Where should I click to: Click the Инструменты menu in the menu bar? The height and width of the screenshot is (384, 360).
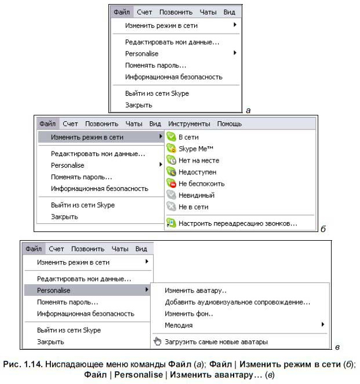[189, 124]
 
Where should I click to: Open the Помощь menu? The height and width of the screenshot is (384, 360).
[230, 124]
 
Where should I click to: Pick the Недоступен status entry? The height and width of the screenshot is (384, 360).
[197, 172]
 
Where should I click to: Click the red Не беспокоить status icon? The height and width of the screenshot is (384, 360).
[171, 183]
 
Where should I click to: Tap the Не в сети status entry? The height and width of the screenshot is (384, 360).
[193, 207]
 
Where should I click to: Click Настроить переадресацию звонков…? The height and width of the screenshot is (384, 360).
[238, 223]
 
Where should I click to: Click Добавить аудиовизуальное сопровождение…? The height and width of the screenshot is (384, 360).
[237, 302]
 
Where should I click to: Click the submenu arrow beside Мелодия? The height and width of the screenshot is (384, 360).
[322, 325]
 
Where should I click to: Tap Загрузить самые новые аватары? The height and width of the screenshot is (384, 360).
[216, 342]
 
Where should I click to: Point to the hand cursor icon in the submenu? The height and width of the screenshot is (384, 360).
[157, 341]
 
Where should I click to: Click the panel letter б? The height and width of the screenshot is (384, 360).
[323, 228]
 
